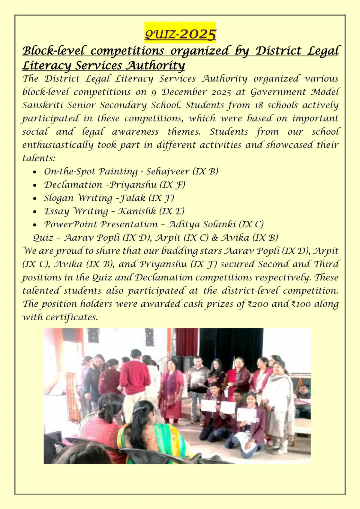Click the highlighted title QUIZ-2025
pos(180,34)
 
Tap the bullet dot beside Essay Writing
pos(35,211)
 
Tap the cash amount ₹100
pos(301,304)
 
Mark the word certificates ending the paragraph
pos(72,317)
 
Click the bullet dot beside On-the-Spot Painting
pos(35,172)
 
